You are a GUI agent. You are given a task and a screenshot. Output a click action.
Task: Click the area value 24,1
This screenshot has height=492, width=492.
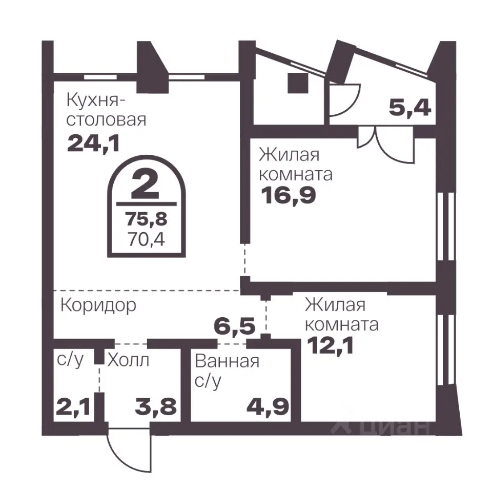click(x=93, y=143)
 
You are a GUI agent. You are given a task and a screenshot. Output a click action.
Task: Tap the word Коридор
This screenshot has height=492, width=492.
click(x=98, y=305)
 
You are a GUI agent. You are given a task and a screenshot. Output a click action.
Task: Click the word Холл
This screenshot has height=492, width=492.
click(x=128, y=360)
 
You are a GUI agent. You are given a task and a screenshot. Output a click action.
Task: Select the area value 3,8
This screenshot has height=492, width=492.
click(x=156, y=408)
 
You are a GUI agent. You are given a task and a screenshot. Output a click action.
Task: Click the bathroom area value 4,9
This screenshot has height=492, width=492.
click(x=266, y=408)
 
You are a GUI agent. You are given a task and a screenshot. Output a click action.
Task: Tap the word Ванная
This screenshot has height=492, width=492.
click(x=227, y=361)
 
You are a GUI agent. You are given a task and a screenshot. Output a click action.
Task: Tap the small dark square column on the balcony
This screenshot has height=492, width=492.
click(x=297, y=83)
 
